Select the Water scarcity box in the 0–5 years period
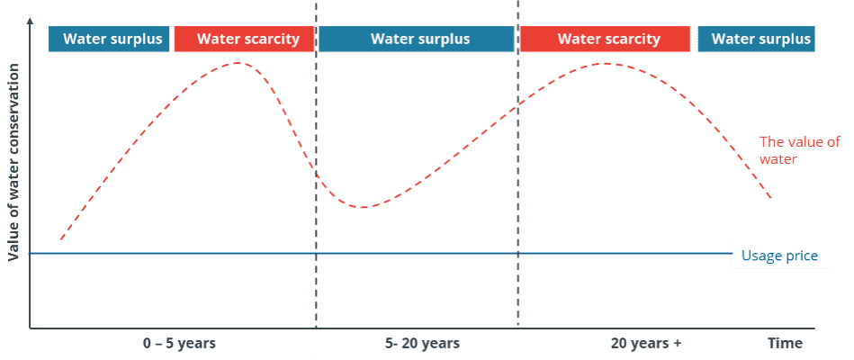coord(244,39)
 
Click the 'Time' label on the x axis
coord(785,344)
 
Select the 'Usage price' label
coord(779,256)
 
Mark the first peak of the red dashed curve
coord(238,64)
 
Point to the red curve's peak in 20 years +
coord(607,64)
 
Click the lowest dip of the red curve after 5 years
coord(363,207)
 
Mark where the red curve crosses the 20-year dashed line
coord(518,106)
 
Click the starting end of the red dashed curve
coord(60,240)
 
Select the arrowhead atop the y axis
coord(31,26)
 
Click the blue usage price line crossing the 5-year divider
coord(317,254)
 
